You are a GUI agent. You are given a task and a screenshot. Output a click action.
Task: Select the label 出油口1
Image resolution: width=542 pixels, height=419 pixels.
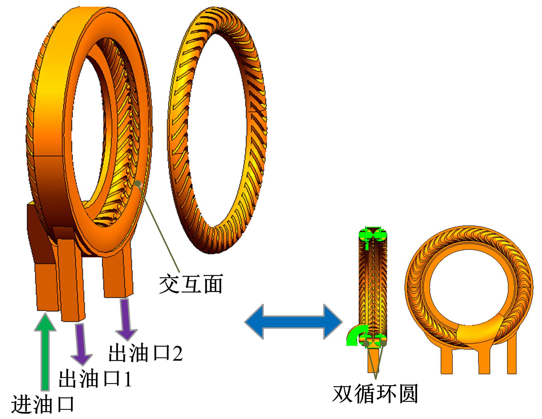click(x=95, y=378)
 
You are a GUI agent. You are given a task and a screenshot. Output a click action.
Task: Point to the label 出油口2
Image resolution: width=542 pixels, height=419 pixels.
click(x=145, y=353)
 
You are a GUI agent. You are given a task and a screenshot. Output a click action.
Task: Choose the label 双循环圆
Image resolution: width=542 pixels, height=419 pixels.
click(x=375, y=394)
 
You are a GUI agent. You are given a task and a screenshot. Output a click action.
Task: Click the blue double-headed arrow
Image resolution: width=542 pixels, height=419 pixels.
click(x=294, y=322)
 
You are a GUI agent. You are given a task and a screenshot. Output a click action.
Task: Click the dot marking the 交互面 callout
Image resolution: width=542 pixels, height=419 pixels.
click(x=139, y=183)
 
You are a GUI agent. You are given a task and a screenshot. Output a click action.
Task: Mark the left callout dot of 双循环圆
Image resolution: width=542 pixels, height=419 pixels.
click(x=366, y=343)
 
